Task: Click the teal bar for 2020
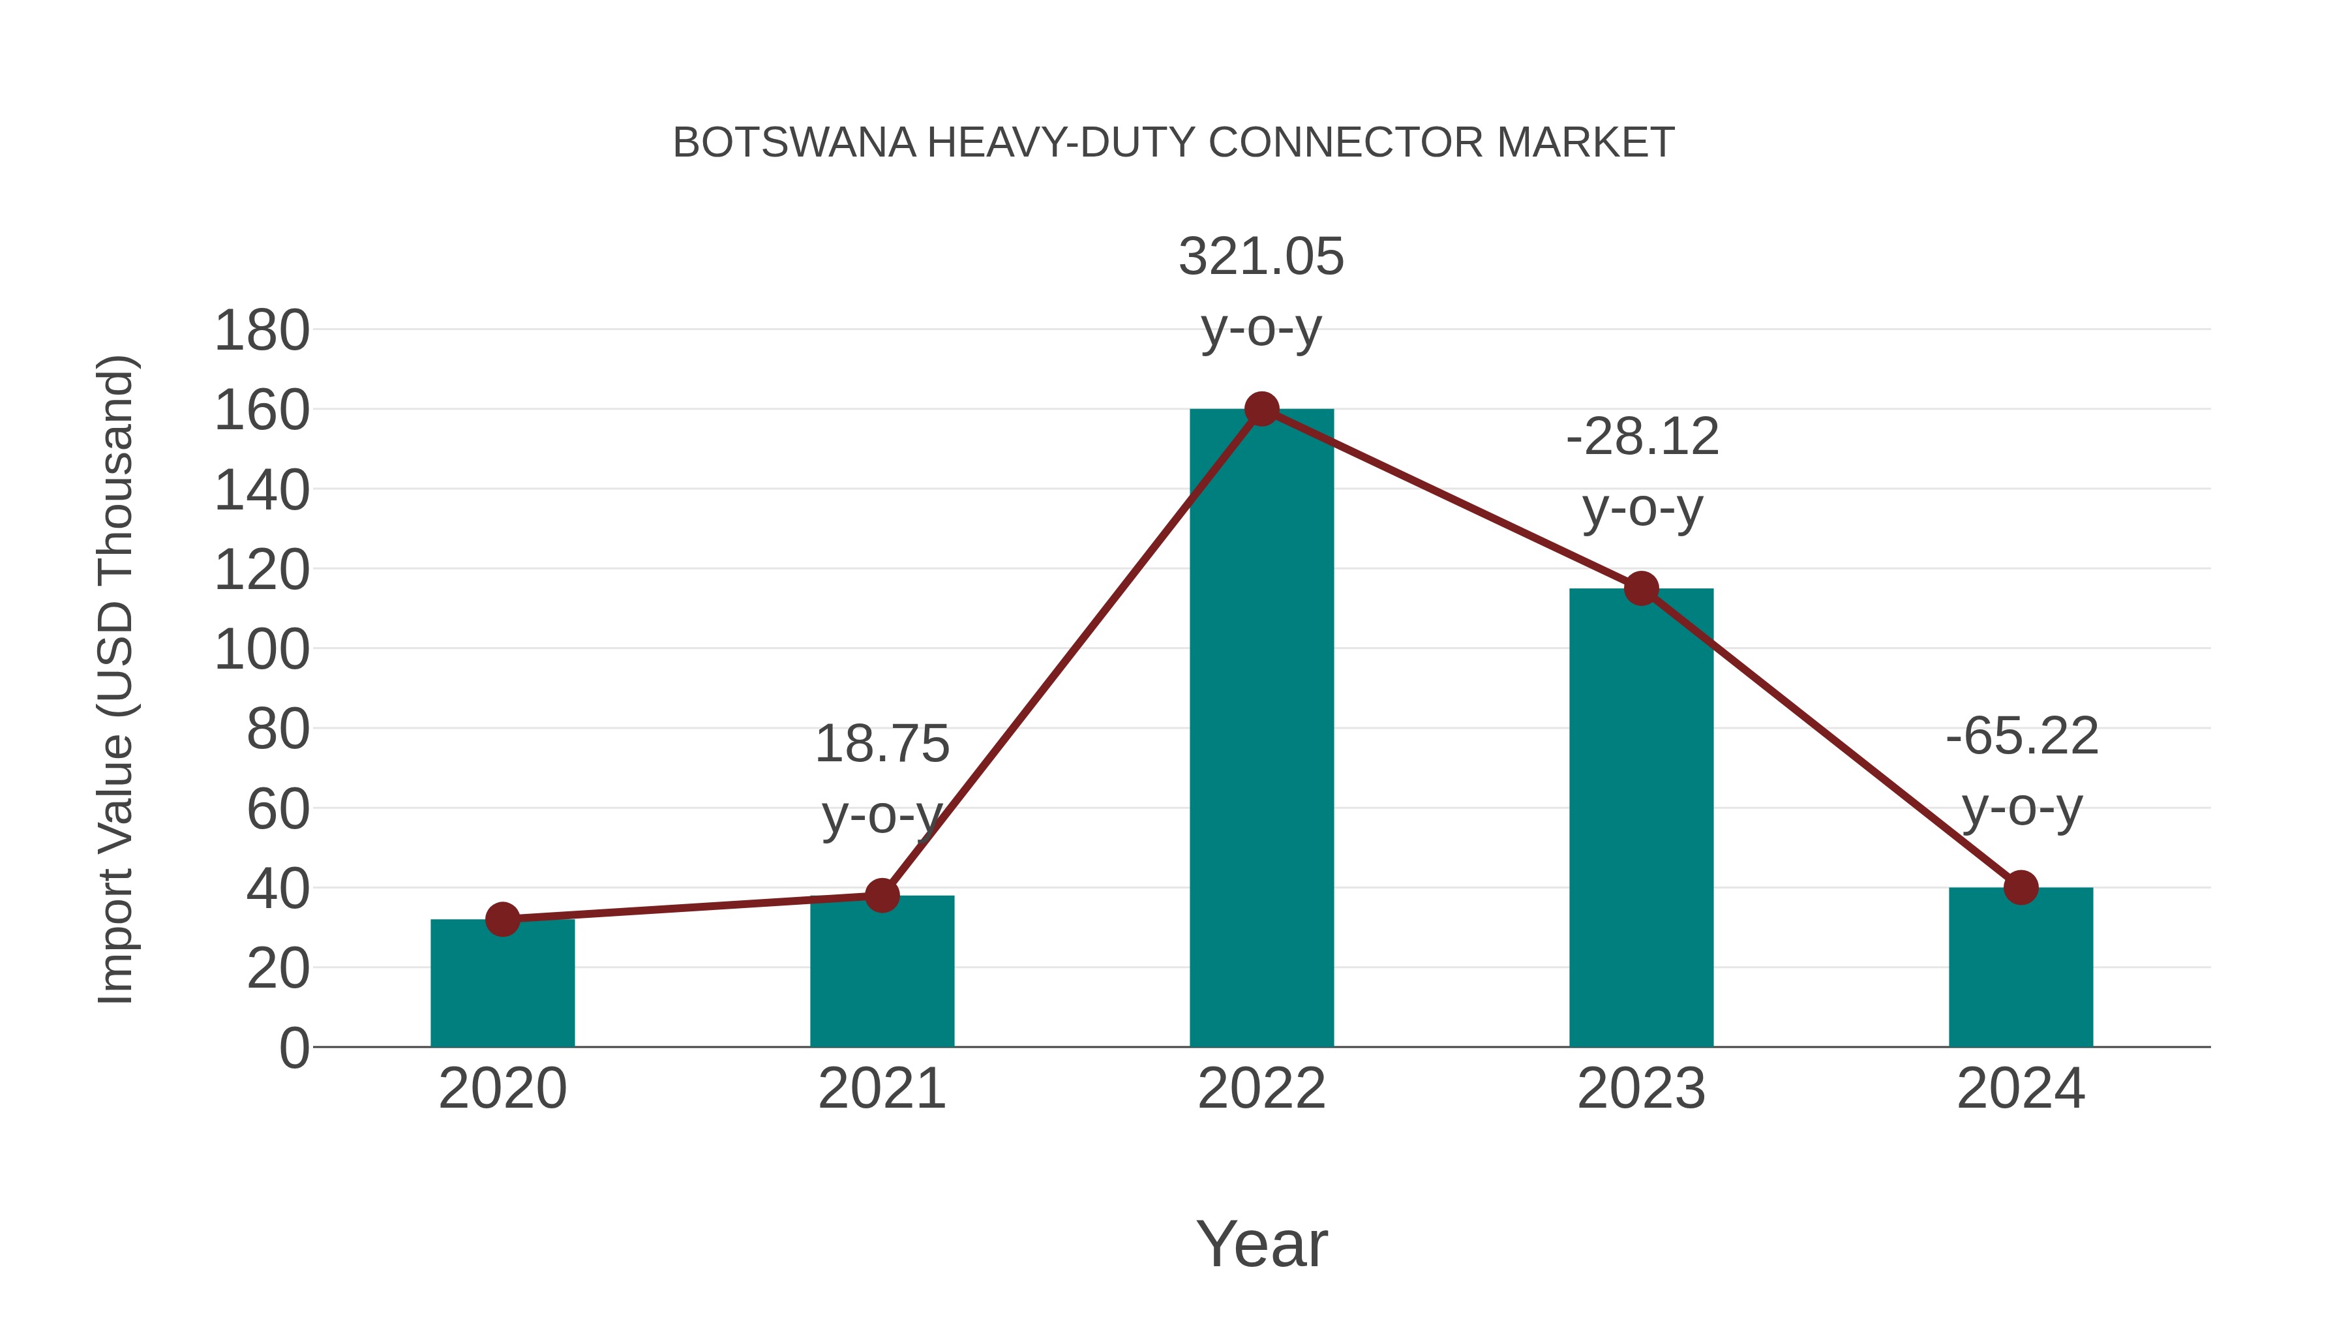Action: (x=502, y=984)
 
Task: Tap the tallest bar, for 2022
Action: (x=1261, y=729)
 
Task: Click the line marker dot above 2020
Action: (x=502, y=920)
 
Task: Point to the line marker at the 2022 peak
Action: (x=1261, y=409)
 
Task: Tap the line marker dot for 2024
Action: (x=2021, y=887)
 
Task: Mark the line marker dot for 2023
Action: (x=1641, y=589)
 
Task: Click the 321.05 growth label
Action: (x=1261, y=256)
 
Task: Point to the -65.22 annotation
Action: (x=2022, y=736)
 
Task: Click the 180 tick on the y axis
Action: (x=262, y=331)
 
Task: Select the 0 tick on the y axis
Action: (x=293, y=1048)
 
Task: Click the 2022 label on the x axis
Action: (x=1261, y=1089)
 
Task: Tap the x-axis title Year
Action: (x=1261, y=1245)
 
